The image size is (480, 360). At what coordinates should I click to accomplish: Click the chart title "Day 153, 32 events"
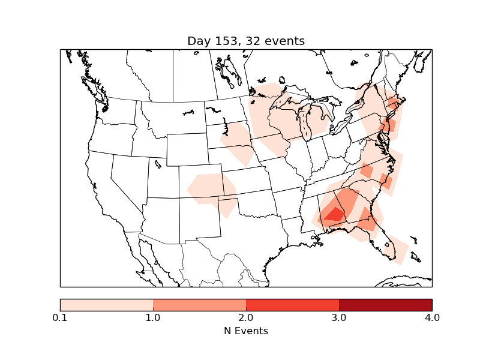246,41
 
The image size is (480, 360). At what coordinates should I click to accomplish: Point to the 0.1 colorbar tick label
60,317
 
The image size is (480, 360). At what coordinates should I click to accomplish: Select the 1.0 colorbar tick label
153,317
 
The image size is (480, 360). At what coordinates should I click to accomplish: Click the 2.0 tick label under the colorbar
246,317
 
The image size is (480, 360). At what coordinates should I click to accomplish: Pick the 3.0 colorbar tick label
339,317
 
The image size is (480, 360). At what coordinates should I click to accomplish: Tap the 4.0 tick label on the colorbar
432,317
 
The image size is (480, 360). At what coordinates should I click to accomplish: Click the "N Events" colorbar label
246,331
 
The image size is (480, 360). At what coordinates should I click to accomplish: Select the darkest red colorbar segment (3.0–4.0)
385,304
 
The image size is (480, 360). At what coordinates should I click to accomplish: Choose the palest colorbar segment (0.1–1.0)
107,304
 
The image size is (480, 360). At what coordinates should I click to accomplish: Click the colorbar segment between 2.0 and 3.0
292,304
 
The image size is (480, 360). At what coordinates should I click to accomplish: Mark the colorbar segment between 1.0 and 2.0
199,304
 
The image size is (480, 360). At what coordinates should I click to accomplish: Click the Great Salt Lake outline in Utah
158,163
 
